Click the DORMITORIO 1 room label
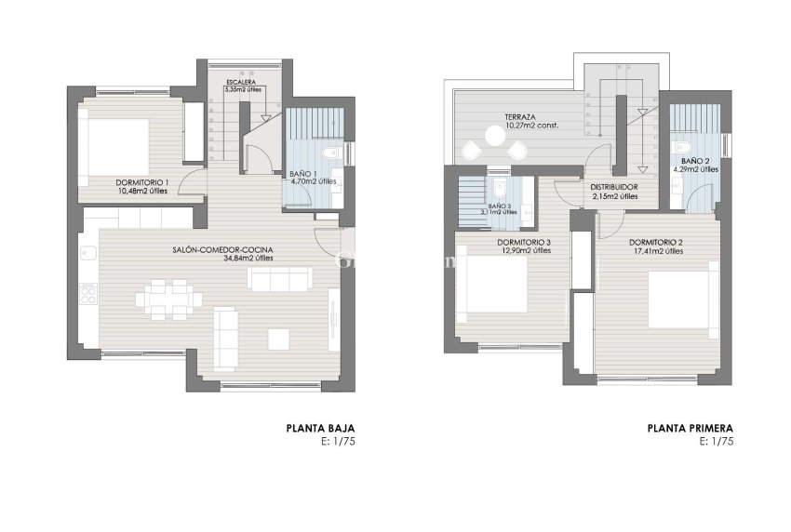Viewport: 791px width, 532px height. [142, 181]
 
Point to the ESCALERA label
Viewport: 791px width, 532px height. [239, 82]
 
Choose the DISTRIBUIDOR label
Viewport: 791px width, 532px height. [613, 187]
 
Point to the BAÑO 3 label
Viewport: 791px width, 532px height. [501, 205]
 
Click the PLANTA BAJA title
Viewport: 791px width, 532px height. [321, 429]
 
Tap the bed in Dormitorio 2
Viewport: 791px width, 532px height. [683, 295]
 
